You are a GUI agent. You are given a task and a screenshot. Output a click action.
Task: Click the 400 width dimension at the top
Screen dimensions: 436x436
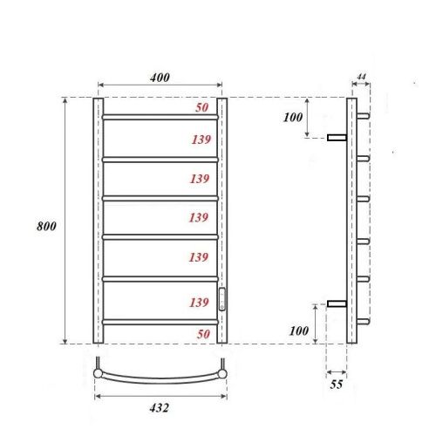click(159, 78)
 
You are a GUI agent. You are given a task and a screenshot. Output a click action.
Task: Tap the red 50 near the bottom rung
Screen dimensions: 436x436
click(201, 334)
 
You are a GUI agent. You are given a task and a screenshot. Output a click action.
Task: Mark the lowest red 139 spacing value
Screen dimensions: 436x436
click(201, 302)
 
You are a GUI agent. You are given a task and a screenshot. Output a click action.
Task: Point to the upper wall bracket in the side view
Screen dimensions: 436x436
click(337, 137)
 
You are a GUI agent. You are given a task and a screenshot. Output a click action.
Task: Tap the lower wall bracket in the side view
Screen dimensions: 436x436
click(337, 303)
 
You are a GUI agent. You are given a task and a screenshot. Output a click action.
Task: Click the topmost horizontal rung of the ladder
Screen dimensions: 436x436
click(160, 116)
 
